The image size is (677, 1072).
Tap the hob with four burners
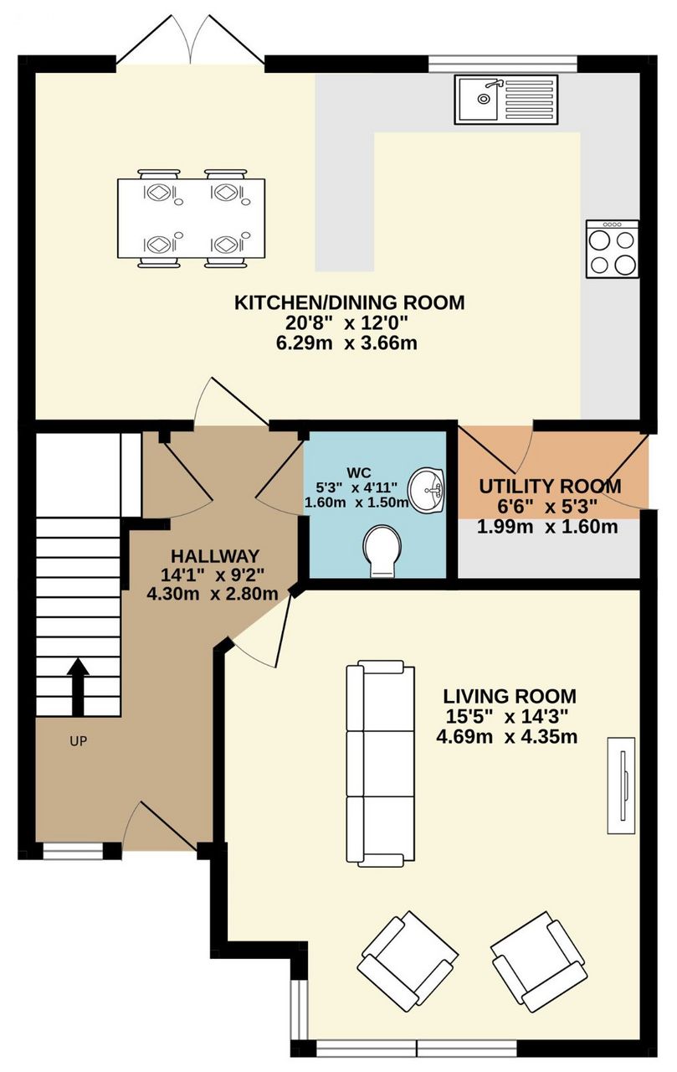[x=613, y=249]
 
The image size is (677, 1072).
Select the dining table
[x=192, y=218]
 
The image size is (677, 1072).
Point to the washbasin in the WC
[x=427, y=491]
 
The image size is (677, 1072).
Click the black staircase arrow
[x=79, y=688]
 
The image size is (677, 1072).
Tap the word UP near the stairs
[x=79, y=741]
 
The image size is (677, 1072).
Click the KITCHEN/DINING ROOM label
[x=349, y=303]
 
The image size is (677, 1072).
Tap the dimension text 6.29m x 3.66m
[x=346, y=343]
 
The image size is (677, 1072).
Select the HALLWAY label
[x=215, y=556]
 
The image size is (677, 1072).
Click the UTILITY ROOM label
[x=550, y=487]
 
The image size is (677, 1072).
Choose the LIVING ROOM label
[x=510, y=696]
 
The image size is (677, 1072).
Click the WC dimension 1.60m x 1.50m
[x=356, y=502]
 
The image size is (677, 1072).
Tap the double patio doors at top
[x=190, y=39]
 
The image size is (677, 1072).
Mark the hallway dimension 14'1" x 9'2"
[x=213, y=575]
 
